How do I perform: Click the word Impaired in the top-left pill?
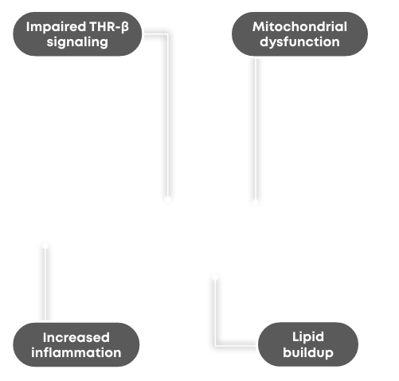click(x=56, y=27)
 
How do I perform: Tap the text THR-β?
click(x=109, y=27)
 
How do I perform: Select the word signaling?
click(x=77, y=42)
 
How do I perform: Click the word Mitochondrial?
click(x=299, y=27)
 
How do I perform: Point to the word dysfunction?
click(x=299, y=42)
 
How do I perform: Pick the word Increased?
click(x=76, y=338)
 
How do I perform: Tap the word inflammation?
click(x=76, y=353)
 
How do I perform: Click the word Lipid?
click(x=308, y=337)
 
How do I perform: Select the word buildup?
click(x=308, y=353)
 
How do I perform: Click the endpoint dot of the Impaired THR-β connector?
click(x=167, y=199)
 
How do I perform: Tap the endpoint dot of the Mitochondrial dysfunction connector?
click(x=256, y=202)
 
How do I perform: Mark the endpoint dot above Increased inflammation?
click(x=45, y=245)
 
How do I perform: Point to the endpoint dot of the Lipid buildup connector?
click(x=215, y=277)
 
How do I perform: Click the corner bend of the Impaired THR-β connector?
click(x=167, y=34)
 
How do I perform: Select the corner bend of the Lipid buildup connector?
click(x=215, y=345)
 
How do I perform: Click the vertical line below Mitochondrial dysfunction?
click(x=256, y=129)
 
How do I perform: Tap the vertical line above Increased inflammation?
click(x=45, y=284)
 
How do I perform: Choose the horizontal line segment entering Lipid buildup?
click(x=237, y=345)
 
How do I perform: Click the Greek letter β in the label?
click(x=125, y=27)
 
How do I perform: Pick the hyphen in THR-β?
click(x=118, y=29)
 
